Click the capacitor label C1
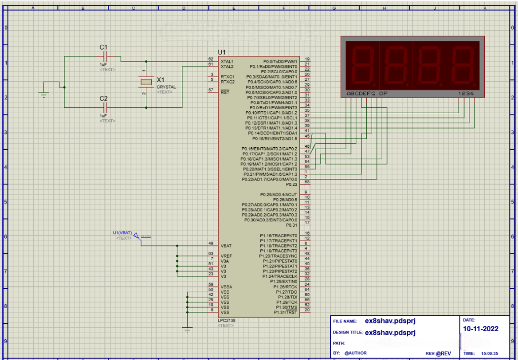(103, 47)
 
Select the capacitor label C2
(104, 98)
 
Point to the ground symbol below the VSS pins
(187, 329)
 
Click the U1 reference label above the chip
(221, 52)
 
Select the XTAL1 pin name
(227, 62)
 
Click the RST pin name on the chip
(224, 92)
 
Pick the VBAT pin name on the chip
(226, 246)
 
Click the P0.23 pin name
(292, 184)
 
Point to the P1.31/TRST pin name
(286, 312)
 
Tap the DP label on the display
(383, 93)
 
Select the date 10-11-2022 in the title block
(480, 329)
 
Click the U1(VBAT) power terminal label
(122, 233)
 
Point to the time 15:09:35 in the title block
(490, 353)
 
